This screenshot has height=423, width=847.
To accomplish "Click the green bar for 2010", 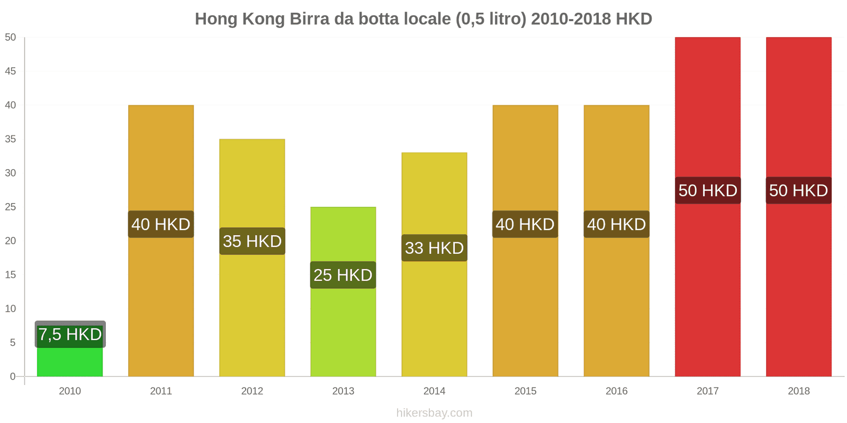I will coord(69,363).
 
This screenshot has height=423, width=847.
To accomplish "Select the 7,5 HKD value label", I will coord(70,334).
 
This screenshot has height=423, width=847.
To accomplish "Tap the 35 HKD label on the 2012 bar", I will coord(252,241).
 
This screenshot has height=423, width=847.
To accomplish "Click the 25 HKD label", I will coord(343,275).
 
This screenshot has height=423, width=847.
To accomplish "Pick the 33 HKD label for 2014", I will coord(434,248).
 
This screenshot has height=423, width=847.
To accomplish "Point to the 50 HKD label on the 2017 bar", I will coord(708,190).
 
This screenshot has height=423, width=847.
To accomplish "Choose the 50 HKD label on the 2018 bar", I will coord(798,190).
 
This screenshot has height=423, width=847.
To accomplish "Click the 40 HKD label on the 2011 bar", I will coord(161,224).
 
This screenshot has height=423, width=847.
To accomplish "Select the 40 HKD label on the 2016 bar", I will coord(616,224).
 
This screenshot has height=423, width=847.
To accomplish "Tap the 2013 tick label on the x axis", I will coord(343,391).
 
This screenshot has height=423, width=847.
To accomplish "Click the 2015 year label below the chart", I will coord(525,391).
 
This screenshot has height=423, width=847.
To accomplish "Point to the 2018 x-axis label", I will coord(798,391).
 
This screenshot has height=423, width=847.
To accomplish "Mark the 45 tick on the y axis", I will coord(11,71).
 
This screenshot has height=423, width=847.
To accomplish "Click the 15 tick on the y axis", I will coord(11,274).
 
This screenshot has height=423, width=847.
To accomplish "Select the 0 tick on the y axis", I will coord(13,376).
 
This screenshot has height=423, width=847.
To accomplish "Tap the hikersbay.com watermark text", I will coord(434,413).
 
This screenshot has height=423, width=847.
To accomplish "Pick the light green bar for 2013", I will coord(343,328).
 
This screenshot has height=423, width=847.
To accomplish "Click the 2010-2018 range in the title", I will coord(571,19).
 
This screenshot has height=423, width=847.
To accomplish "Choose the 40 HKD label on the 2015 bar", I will coord(525,224).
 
